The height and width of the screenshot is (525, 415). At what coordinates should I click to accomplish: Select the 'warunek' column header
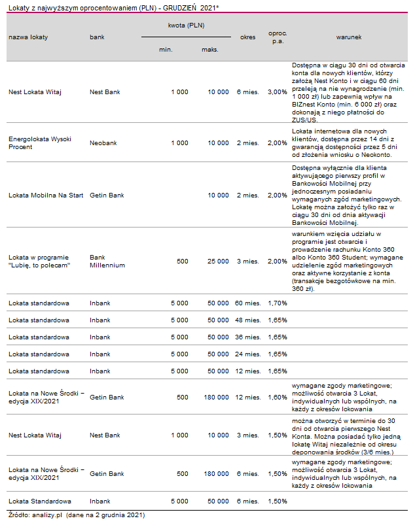point(349,37)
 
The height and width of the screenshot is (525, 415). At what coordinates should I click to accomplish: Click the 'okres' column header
point(248,37)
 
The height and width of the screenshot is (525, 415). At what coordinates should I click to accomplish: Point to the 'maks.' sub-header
point(210,50)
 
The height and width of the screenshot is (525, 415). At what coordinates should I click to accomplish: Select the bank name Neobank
point(103,143)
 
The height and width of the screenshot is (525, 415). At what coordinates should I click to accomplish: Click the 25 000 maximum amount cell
point(218,261)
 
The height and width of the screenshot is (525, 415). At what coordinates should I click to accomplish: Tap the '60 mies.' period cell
point(247,303)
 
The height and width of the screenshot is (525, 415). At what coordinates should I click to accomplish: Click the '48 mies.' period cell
point(247,320)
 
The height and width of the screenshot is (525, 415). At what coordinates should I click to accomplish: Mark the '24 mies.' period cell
point(247,354)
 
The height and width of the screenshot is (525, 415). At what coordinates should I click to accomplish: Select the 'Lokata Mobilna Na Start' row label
point(45,195)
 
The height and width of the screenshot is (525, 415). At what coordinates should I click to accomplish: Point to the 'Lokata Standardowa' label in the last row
point(39,501)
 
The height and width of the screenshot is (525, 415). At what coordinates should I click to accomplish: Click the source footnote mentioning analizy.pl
point(73,515)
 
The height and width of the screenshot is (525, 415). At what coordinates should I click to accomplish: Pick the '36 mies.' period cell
point(247,337)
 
